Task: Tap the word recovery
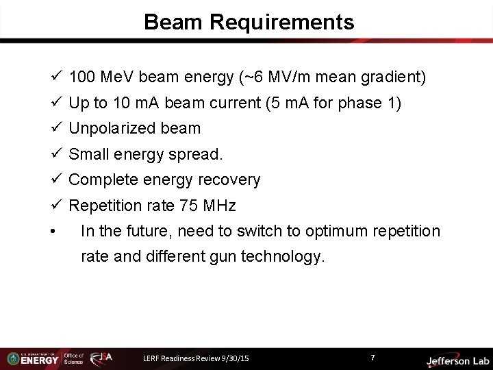pos(231,180)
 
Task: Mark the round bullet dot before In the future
pos(53,232)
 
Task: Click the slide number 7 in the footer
pos(372,358)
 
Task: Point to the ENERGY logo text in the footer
pos(40,360)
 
